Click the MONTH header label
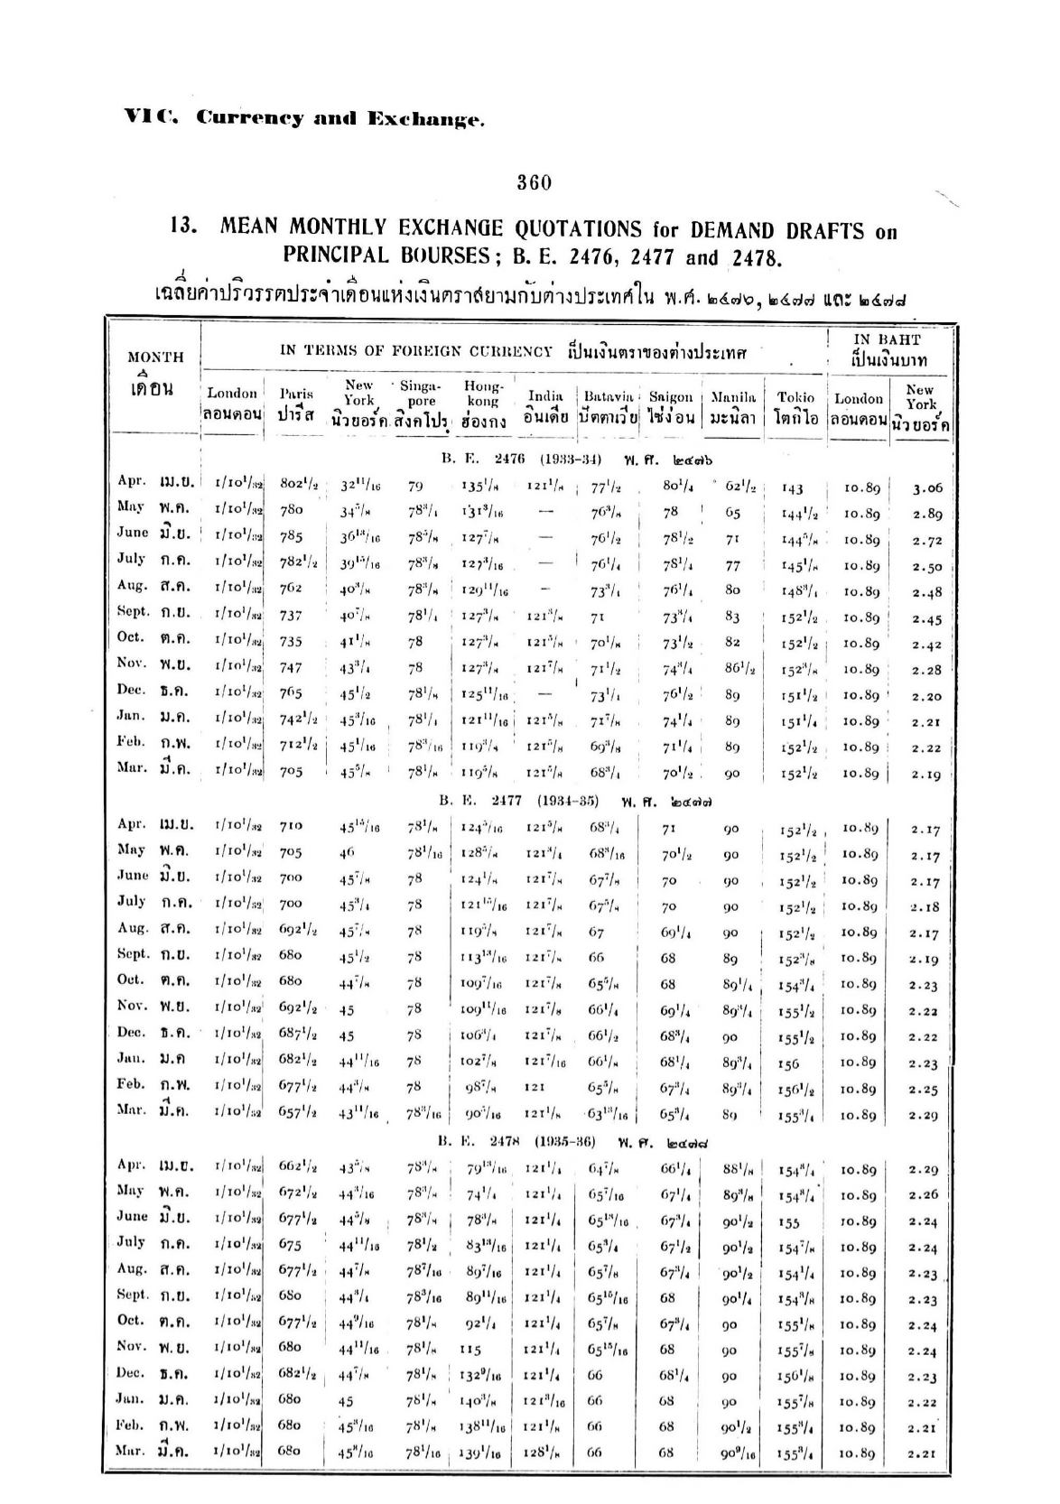(x=155, y=357)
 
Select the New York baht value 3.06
(x=927, y=488)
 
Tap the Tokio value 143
(x=793, y=488)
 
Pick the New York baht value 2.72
(x=927, y=540)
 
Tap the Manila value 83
(x=731, y=617)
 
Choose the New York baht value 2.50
(x=927, y=566)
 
